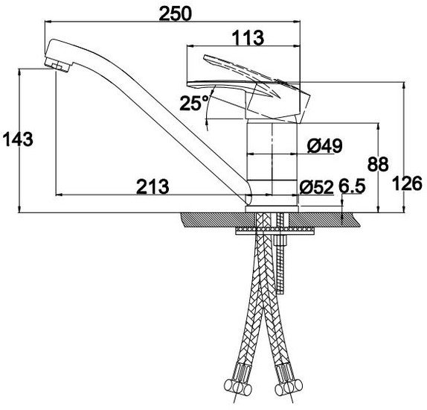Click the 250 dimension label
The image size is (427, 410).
pos(176,13)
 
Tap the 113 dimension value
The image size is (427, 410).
pos(248,38)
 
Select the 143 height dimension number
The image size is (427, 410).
pos(18,139)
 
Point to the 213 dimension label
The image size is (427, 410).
pos(152,186)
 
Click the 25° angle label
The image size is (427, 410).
pos(194,103)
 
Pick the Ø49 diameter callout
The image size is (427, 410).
pos(324,146)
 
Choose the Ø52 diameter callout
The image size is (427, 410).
pos(316,187)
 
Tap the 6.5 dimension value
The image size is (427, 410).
pos(352,186)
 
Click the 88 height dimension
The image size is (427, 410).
pos(378,164)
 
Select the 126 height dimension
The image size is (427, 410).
pos(408,183)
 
